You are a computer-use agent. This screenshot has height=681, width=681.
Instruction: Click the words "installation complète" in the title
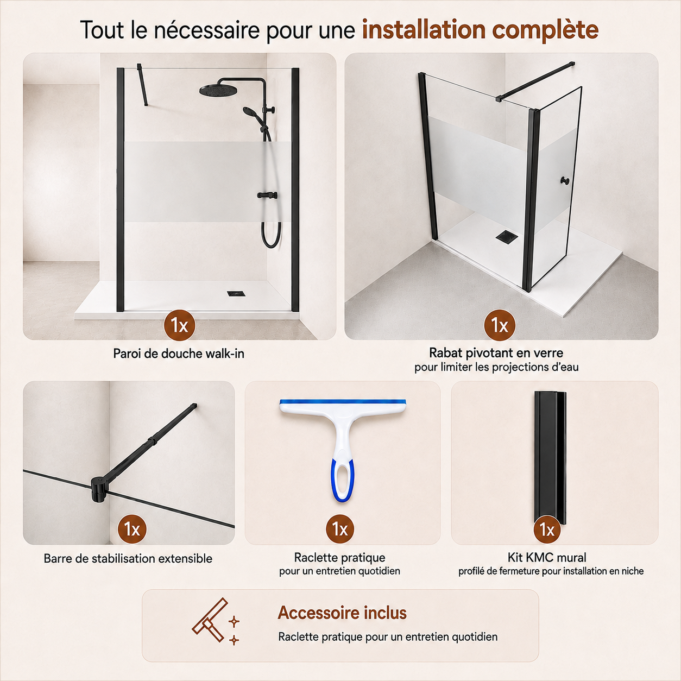(480, 30)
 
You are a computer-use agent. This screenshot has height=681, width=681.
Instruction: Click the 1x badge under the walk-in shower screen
(180, 325)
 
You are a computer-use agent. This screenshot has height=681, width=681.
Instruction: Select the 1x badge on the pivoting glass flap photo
(500, 325)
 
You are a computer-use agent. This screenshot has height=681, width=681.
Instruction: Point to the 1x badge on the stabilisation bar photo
(132, 529)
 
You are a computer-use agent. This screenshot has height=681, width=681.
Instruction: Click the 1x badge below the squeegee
(340, 529)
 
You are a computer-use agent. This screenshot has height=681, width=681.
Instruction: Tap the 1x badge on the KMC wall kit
(547, 529)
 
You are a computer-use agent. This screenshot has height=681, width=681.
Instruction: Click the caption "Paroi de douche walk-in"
(179, 354)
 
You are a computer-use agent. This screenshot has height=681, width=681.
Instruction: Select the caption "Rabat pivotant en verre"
(496, 352)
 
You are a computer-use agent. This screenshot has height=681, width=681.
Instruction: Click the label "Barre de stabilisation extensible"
(128, 558)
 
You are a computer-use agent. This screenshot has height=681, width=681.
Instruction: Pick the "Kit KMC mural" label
(547, 557)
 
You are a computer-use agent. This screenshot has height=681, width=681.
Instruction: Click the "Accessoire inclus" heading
(342, 613)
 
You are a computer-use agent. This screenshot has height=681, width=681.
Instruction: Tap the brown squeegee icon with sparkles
(215, 621)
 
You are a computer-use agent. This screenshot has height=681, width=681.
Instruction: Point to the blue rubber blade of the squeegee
(343, 402)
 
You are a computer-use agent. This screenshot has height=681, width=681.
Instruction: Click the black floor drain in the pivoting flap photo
(507, 237)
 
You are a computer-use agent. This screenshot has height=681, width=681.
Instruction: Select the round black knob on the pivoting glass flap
(564, 181)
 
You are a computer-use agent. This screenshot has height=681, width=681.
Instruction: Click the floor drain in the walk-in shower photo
(234, 294)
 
